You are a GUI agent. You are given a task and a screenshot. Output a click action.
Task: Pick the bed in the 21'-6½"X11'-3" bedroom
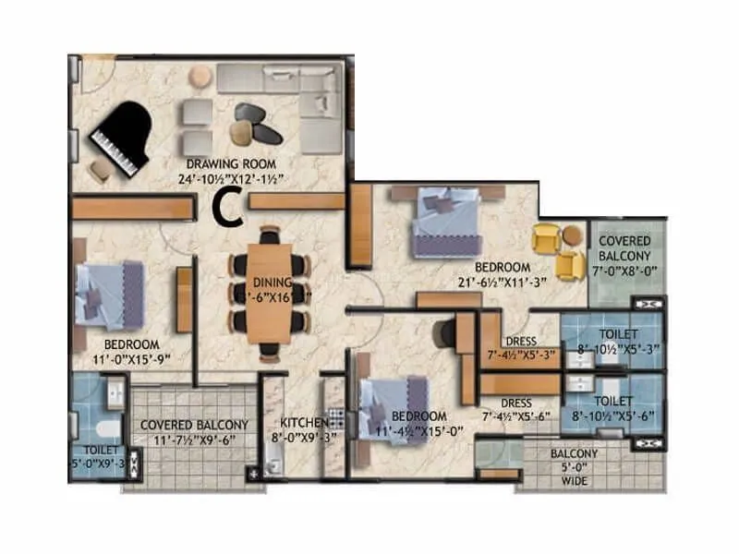point(446,223)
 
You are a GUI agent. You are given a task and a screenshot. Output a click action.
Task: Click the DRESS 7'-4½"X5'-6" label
point(515,409)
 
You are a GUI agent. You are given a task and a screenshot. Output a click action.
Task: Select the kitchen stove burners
point(336,417)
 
